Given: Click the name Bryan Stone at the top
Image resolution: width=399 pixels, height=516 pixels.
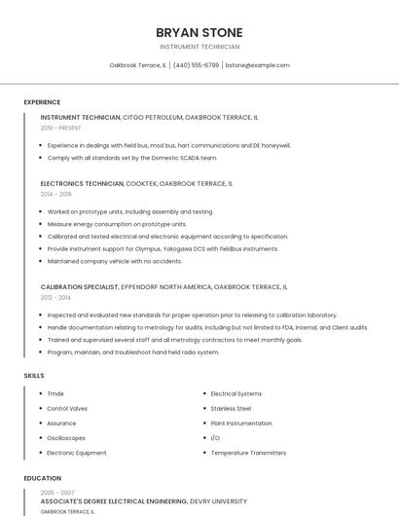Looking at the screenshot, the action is point(199,32).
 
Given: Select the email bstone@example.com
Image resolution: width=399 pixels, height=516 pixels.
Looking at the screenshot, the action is point(257,65).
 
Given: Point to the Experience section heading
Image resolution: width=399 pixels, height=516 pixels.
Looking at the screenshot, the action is point(42,102).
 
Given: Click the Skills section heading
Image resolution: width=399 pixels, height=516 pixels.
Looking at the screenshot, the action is point(34,375).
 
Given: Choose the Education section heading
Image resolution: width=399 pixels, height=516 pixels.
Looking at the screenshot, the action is point(43,478).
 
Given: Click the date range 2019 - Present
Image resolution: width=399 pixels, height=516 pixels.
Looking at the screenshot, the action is point(60,128).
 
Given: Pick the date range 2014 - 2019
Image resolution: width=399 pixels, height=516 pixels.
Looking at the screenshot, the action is point(55,194).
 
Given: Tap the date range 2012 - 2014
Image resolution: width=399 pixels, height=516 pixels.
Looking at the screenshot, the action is point(55,297).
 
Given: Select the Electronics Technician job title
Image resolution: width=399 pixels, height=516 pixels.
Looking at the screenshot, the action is point(82,183).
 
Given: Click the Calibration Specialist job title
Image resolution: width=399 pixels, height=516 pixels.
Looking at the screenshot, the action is point(79,287).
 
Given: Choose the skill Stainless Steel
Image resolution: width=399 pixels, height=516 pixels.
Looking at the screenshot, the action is point(231,409).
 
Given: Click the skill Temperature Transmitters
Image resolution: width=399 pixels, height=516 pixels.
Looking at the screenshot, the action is point(248,453).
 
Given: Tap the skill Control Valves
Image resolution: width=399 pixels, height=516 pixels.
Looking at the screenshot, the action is point(67,409).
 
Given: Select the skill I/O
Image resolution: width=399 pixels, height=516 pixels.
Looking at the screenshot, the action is point(215,438).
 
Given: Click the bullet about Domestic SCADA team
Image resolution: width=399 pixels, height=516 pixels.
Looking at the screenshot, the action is point(132,157).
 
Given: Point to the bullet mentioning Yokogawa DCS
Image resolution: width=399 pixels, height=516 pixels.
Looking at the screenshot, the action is point(163,248).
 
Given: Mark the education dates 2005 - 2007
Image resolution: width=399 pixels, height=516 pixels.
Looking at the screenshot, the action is point(56,493).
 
